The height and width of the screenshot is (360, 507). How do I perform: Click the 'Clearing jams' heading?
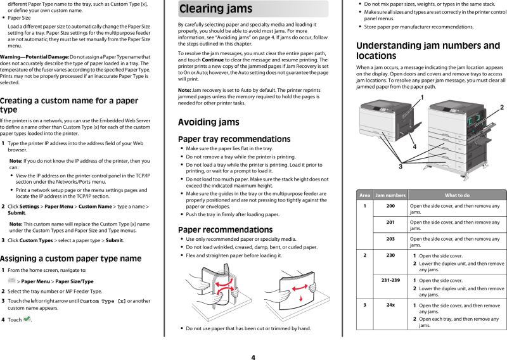(x=215, y=9)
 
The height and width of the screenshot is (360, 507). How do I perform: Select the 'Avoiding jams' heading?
(x=209, y=122)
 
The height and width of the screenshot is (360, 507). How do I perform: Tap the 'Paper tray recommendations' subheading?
(x=225, y=139)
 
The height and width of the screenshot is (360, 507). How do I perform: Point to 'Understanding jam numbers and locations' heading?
(x=428, y=50)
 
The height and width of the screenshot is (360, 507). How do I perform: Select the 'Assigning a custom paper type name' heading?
(x=70, y=259)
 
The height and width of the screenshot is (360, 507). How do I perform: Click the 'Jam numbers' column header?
(x=390, y=195)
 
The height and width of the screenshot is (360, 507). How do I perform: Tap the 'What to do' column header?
(x=456, y=195)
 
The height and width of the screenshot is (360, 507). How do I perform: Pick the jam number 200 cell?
(x=390, y=206)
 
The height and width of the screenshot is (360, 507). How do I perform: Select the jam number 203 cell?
(x=390, y=239)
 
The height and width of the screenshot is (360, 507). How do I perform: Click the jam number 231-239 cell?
(x=390, y=280)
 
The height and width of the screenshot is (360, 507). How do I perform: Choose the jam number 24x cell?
(x=390, y=305)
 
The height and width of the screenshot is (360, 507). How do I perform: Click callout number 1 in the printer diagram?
(x=421, y=97)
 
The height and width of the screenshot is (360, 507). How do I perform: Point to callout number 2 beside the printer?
(x=501, y=108)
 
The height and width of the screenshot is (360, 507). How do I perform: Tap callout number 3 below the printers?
(x=400, y=166)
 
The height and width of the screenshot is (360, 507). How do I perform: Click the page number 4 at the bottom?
(x=253, y=357)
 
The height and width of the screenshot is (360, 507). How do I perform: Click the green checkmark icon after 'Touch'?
(x=27, y=319)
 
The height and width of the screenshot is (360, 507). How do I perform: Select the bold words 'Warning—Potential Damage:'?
(x=34, y=57)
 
